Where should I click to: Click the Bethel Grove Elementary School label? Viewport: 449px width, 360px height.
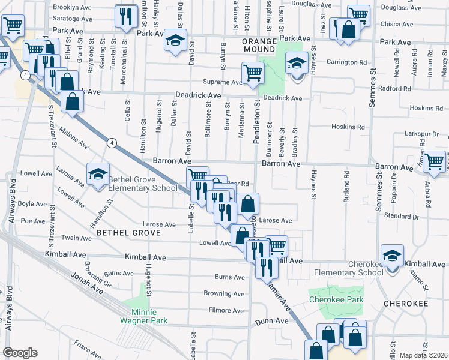(x=143, y=184)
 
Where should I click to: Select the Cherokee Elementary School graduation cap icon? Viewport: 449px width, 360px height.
(x=391, y=257)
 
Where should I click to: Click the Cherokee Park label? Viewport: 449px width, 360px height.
(x=328, y=299)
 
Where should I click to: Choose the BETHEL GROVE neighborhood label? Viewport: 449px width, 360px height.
(x=129, y=232)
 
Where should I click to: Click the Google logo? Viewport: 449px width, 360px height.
(x=20, y=352)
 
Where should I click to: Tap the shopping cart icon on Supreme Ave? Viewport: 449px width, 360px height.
(x=253, y=73)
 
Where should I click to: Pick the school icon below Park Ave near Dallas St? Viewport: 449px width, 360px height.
(x=175, y=40)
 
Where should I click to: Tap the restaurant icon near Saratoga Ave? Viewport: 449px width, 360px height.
(x=125, y=17)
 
